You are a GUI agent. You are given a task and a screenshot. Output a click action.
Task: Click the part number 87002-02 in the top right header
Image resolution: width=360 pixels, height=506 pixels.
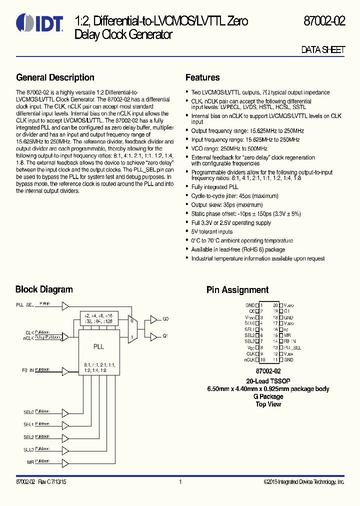click(324, 21)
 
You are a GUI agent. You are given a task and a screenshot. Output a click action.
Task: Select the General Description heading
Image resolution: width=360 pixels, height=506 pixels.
click(55, 77)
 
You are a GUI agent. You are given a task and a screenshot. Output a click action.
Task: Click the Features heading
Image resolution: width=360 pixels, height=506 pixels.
click(202, 77)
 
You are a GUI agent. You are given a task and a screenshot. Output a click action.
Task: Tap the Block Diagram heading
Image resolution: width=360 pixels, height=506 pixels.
click(44, 289)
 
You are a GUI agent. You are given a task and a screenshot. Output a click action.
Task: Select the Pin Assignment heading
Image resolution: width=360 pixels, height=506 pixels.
click(237, 290)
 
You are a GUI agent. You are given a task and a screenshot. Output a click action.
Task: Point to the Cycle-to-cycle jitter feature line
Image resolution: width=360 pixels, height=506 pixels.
click(234, 196)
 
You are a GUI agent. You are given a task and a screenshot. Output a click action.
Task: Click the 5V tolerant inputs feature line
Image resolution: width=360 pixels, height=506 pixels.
click(212, 231)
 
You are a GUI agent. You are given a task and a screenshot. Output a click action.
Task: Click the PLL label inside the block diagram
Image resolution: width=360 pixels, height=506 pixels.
click(98, 346)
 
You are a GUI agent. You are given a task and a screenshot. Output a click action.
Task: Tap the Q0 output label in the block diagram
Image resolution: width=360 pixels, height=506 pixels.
click(166, 318)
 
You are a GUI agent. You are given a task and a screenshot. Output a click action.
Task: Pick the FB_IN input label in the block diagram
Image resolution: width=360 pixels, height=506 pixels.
click(27, 371)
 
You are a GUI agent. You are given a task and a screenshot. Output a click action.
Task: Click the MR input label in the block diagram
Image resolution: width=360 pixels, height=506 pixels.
click(30, 462)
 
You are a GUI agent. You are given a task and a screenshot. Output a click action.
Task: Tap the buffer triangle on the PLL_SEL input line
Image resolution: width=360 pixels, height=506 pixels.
click(65, 305)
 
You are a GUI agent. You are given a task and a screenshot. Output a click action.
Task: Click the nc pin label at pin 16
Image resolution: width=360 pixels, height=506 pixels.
click(286, 329)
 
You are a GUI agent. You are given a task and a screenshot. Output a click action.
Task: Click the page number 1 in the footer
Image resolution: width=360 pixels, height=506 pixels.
click(180, 482)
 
